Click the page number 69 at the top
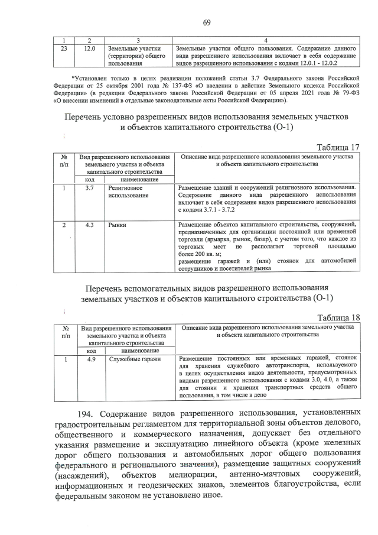point(207,23)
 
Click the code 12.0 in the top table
point(89,47)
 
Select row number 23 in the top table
point(64,47)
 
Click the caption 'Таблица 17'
point(338,147)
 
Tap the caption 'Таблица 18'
point(338,317)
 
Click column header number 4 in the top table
point(266,39)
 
